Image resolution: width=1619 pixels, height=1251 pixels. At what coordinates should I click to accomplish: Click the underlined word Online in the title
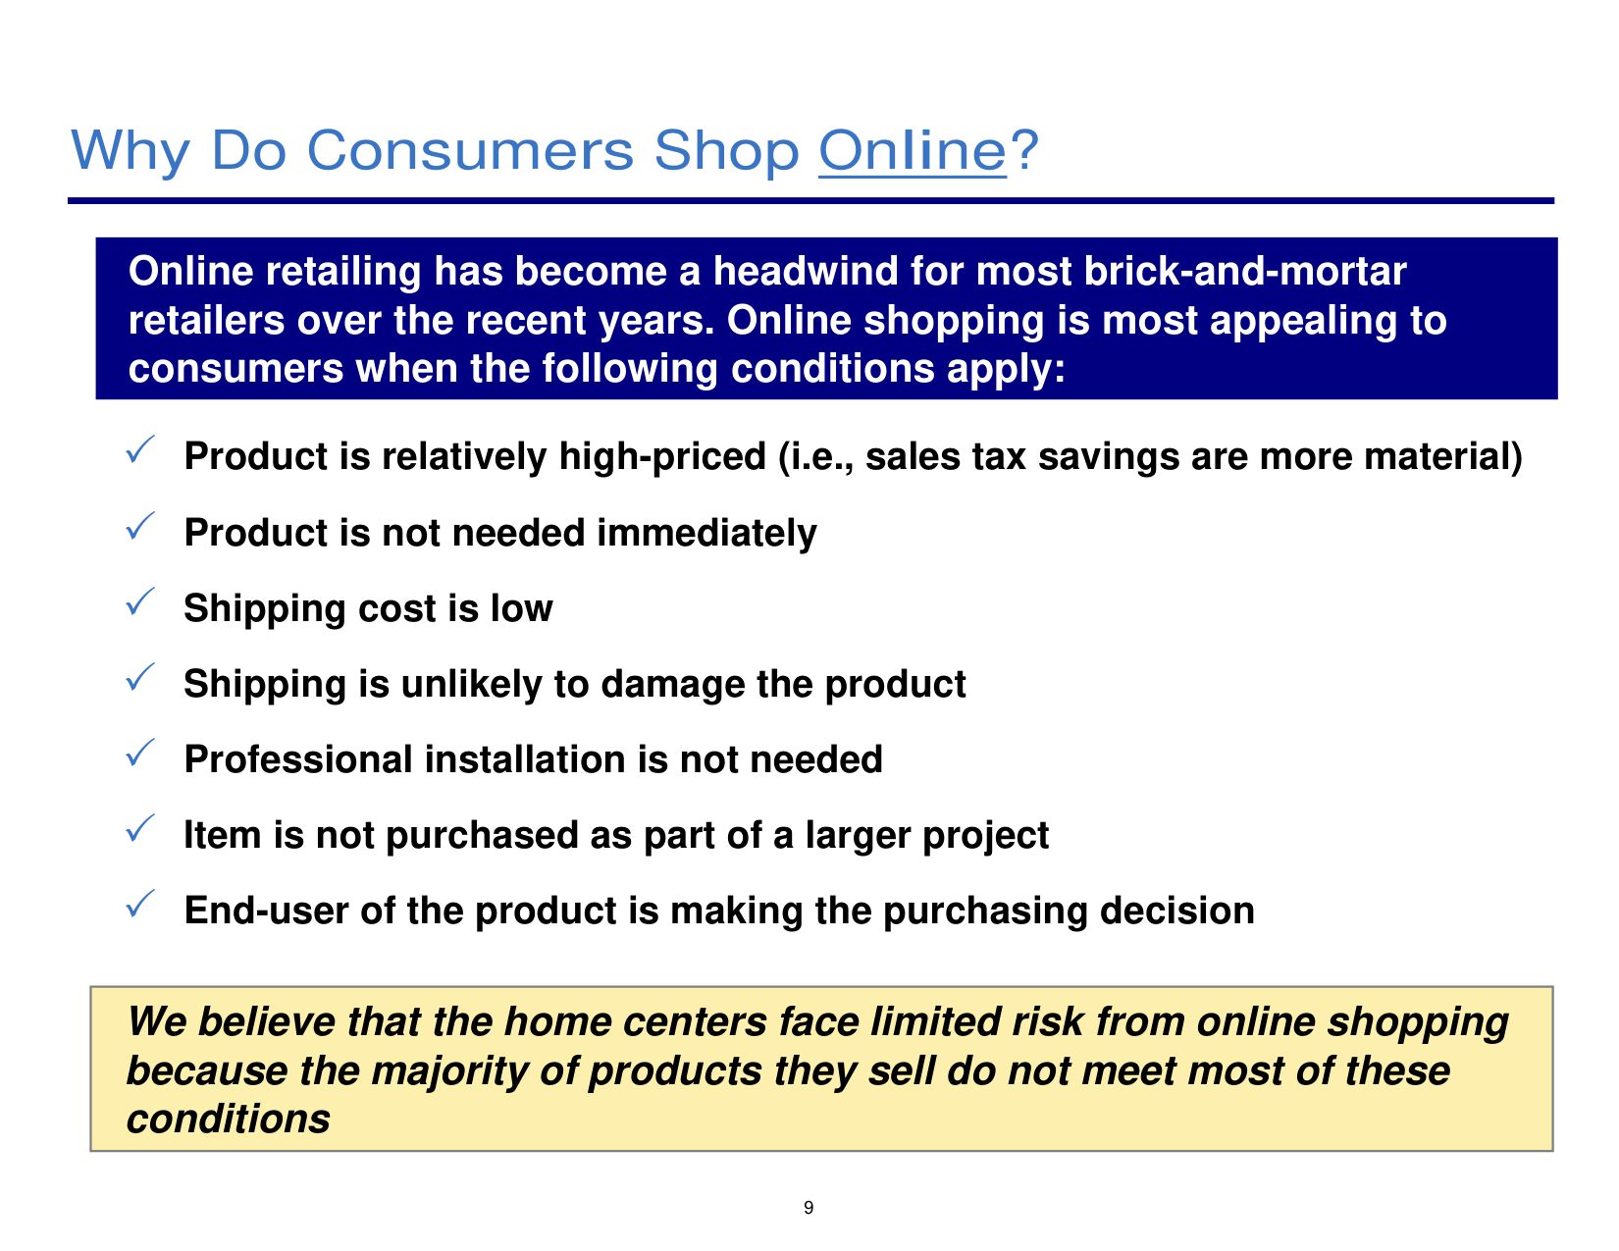click(x=912, y=151)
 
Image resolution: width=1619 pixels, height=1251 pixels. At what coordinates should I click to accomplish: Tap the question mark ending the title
click(x=1023, y=149)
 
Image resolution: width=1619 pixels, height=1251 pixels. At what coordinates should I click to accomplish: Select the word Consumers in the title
click(x=470, y=150)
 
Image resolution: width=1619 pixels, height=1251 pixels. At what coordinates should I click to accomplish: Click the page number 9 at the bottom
click(x=809, y=1207)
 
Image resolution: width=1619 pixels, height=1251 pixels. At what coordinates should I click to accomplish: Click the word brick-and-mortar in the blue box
click(x=1245, y=271)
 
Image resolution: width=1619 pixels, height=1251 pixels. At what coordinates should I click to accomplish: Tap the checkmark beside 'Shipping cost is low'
click(x=140, y=601)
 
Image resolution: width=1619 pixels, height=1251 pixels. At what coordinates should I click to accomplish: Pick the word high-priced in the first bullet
click(x=661, y=457)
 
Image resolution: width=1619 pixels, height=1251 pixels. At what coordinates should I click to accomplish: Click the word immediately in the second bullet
click(x=706, y=534)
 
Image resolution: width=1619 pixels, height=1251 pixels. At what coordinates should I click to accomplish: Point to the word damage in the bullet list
click(x=672, y=685)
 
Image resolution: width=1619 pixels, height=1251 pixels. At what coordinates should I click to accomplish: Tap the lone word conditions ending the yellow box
click(x=228, y=1120)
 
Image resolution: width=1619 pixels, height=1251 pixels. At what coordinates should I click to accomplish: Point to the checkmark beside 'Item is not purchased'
click(x=140, y=828)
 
